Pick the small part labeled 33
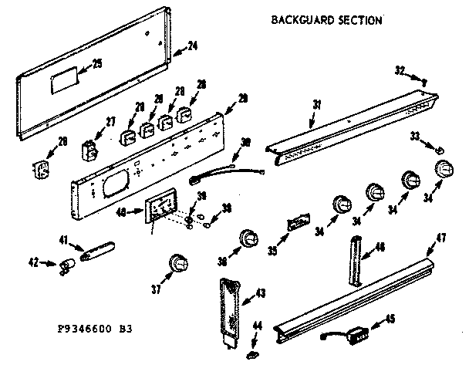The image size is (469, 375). pos(440,148)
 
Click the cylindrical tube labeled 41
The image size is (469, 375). pos(98,250)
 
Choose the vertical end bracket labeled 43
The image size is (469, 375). pos(230,309)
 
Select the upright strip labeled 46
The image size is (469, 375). pos(356,261)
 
